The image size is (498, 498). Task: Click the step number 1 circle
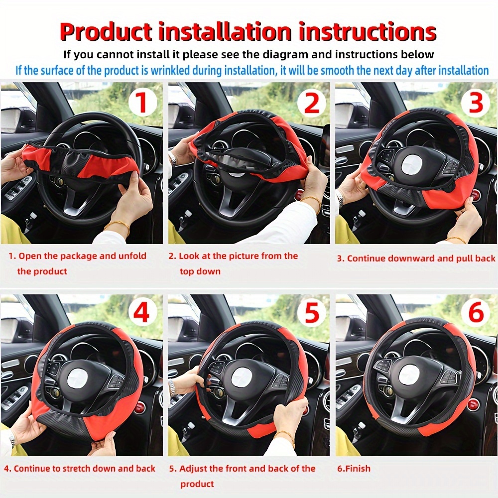[142, 103]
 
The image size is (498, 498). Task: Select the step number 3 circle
[476, 103]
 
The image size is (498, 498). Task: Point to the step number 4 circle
[142, 314]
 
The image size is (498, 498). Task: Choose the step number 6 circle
[476, 314]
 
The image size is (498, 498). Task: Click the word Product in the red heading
[106, 32]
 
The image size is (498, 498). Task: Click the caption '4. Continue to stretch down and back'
[79, 469]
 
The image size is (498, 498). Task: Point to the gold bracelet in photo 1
[117, 225]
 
